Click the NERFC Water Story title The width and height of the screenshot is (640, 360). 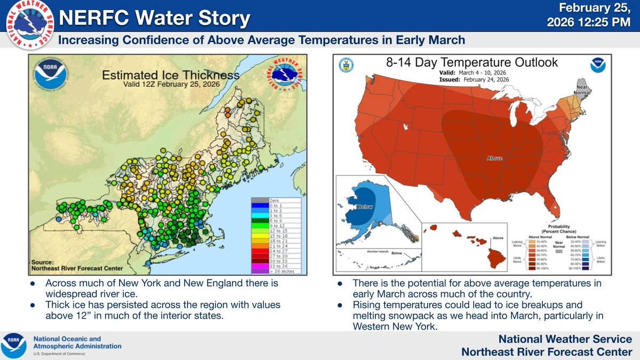pyautogui.click(x=155, y=19)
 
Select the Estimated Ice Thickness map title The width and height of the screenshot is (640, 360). pyautogui.click(x=170, y=75)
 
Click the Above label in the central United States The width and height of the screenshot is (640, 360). pyautogui.click(x=494, y=158)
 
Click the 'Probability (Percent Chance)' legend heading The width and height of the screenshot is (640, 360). pyautogui.click(x=559, y=229)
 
